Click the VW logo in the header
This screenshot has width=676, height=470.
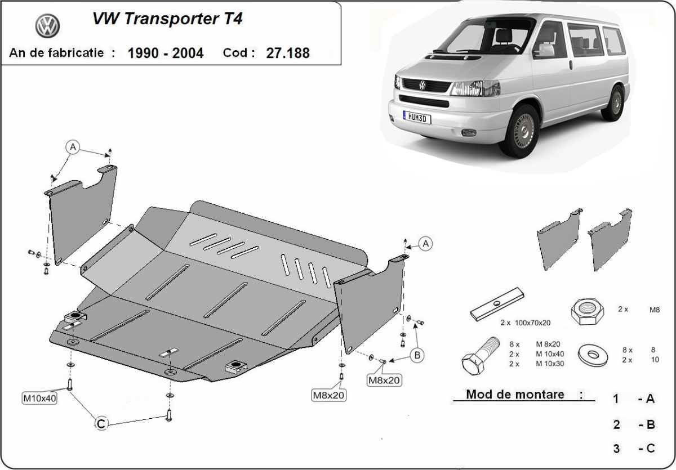click(47, 26)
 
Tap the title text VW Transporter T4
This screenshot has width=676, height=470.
click(167, 19)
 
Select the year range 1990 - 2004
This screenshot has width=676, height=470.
click(166, 53)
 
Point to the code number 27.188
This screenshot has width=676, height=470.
click(288, 53)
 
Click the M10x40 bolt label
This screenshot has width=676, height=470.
click(39, 399)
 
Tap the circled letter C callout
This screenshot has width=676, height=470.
click(101, 424)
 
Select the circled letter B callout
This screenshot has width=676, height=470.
click(417, 355)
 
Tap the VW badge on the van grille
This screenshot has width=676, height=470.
click(422, 85)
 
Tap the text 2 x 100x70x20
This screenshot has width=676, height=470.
click(525, 323)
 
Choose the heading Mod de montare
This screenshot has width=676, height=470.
click(515, 395)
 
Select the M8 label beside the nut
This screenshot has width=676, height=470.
click(653, 309)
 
